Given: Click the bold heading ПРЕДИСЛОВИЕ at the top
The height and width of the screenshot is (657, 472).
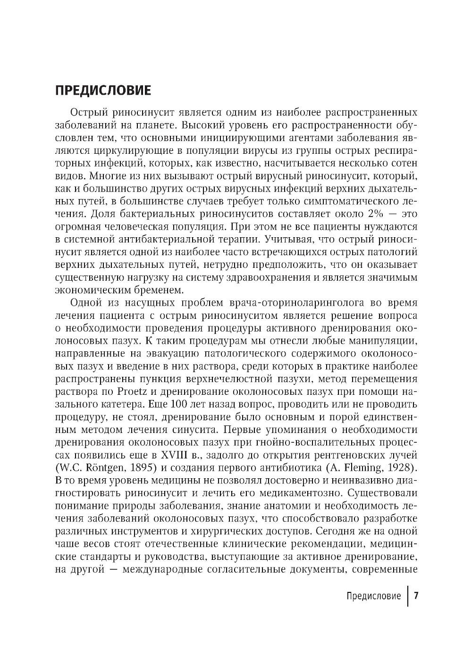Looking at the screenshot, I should pyautogui.click(x=103, y=90).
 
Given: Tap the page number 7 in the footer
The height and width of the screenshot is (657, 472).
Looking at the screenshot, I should pyautogui.click(x=416, y=595).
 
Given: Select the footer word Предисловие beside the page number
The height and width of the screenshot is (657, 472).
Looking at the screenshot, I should pyautogui.click(x=373, y=596).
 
